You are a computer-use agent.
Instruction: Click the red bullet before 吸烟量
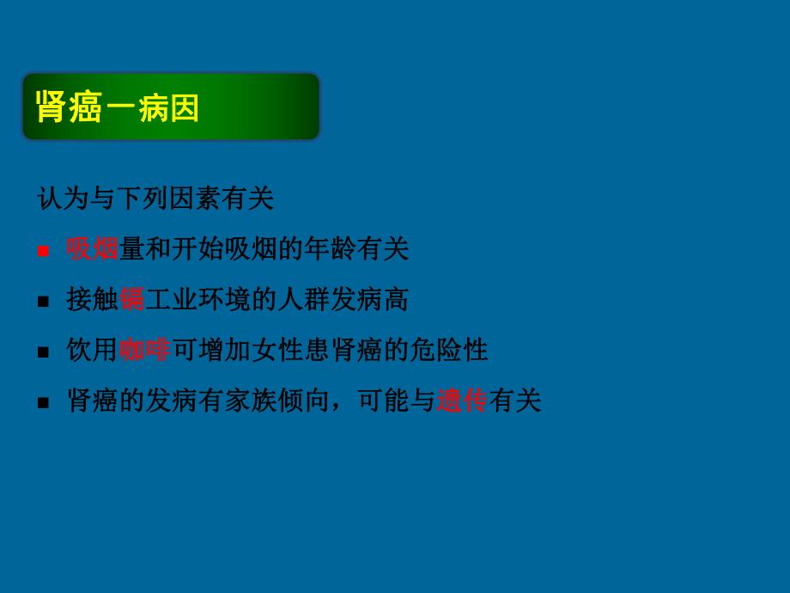43,251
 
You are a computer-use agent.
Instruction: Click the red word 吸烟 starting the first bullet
93,249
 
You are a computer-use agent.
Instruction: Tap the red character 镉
131,299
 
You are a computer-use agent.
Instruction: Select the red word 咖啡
144,350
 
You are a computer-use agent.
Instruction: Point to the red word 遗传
462,400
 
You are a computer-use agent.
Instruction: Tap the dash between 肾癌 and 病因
118,109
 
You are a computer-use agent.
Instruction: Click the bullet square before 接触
43,302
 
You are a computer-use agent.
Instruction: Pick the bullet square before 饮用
43,352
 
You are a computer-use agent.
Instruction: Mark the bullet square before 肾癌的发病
43,403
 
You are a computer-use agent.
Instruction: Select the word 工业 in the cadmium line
169,299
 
